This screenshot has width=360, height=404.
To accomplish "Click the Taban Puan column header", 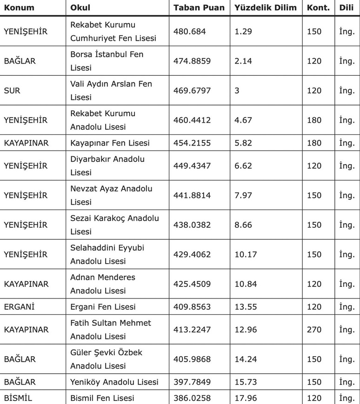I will click(x=199, y=7).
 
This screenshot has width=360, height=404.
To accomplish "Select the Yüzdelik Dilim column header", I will click(x=266, y=7).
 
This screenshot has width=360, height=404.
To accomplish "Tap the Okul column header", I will click(x=80, y=7).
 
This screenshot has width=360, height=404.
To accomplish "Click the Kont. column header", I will click(x=319, y=7).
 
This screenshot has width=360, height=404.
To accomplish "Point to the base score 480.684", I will click(x=189, y=31).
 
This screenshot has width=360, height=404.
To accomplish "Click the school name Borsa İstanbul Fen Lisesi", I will click(x=107, y=61).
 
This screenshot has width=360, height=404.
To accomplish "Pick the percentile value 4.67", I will click(x=244, y=120).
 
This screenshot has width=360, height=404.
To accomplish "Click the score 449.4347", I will click(x=192, y=166).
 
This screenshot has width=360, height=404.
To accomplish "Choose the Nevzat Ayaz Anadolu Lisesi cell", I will click(x=111, y=195).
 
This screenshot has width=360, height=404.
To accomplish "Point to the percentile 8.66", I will click(x=244, y=225).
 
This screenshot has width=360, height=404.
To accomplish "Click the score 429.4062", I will click(x=192, y=255).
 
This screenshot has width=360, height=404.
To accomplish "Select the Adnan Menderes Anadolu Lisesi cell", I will click(x=103, y=284).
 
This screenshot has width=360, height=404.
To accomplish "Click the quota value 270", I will click(x=314, y=330).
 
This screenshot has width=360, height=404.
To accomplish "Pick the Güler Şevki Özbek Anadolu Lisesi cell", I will click(x=107, y=359).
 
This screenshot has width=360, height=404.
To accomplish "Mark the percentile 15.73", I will click(x=246, y=382).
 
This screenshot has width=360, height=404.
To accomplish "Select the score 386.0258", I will click(x=192, y=398).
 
